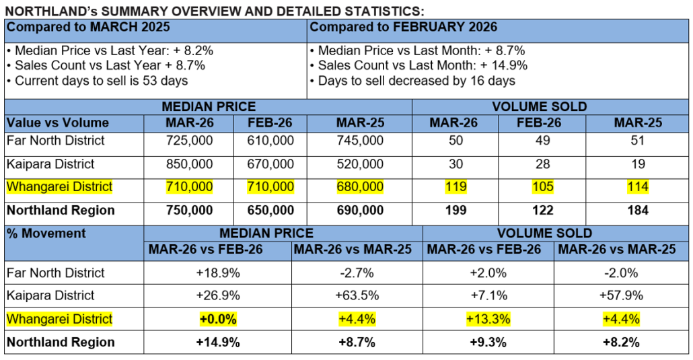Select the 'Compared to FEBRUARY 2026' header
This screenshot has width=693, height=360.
click(x=403, y=28)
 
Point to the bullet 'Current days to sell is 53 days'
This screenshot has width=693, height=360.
click(x=98, y=81)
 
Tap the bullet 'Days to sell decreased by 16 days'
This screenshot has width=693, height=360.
click(x=412, y=81)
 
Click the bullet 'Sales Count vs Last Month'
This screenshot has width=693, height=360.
click(x=418, y=66)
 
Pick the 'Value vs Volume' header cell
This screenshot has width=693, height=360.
click(x=57, y=123)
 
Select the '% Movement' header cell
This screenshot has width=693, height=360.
click(x=46, y=233)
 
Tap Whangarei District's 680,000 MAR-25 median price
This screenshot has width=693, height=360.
click(x=361, y=187)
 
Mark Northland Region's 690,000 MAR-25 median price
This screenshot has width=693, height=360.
click(x=361, y=211)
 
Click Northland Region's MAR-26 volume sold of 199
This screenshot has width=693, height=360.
click(x=455, y=211)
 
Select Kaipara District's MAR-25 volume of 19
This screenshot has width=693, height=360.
click(x=638, y=164)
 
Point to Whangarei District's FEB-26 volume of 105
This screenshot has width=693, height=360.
click(x=542, y=187)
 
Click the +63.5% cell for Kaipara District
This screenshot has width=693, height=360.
click(x=357, y=295)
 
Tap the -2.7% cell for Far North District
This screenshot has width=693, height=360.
click(x=357, y=273)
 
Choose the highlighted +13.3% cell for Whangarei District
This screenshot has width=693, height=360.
click(x=488, y=319)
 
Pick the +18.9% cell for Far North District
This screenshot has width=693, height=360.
click(x=218, y=273)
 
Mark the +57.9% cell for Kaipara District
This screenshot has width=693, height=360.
click(x=621, y=295)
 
